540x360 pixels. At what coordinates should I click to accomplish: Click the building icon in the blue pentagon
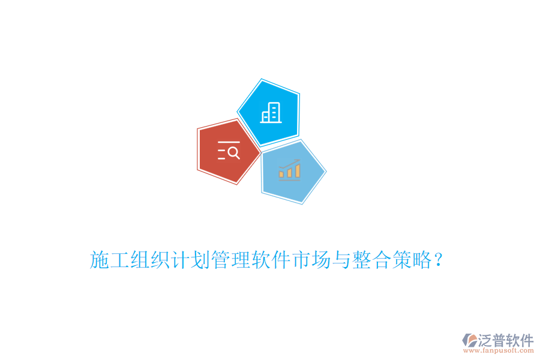pyautogui.click(x=271, y=112)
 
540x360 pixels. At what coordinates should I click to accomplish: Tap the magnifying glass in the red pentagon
pyautogui.click(x=234, y=152)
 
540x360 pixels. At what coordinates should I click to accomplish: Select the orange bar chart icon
pyautogui.click(x=289, y=170)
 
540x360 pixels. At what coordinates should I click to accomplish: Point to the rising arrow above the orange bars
pyautogui.click(x=290, y=163)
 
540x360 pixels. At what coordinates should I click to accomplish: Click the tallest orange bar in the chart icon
pyautogui.click(x=297, y=171)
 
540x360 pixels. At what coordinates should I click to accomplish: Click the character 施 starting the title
pyautogui.click(x=100, y=260)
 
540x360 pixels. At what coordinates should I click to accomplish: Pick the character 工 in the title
pyautogui.click(x=119, y=260)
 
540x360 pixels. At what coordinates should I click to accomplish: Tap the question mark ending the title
pyautogui.click(x=439, y=260)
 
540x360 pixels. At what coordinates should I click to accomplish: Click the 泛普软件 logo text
pyautogui.click(x=506, y=340)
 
